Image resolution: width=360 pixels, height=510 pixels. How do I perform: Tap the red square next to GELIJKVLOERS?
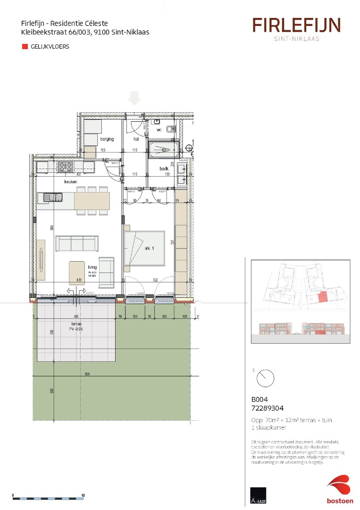point(25,47)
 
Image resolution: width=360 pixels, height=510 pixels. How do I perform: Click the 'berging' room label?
point(106,139)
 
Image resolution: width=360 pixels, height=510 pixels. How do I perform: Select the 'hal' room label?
point(136,139)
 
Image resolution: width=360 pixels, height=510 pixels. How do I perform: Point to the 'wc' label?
point(159,129)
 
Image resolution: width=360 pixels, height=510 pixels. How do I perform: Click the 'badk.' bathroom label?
point(164,168)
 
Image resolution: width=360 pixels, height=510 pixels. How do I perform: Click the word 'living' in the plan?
point(92,267)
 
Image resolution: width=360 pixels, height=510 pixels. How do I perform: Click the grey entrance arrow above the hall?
point(135,98)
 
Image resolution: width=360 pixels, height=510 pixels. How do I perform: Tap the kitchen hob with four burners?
point(65,166)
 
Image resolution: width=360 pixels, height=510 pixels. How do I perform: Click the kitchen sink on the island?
point(53,197)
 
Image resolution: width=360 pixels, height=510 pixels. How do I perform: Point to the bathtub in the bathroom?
point(163,150)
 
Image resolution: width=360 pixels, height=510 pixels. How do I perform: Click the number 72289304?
point(267,408)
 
